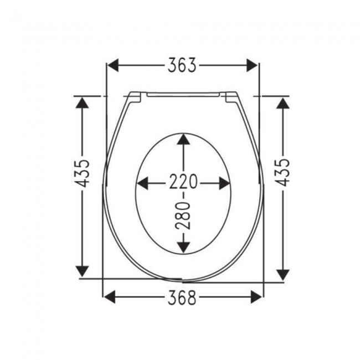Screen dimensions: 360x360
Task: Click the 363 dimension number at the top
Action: point(182,65)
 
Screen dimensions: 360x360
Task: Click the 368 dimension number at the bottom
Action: point(182,298)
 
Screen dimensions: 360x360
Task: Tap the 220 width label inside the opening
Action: point(183,182)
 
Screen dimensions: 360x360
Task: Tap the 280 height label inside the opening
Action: point(184,216)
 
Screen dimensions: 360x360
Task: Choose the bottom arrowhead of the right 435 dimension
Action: point(282,272)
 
